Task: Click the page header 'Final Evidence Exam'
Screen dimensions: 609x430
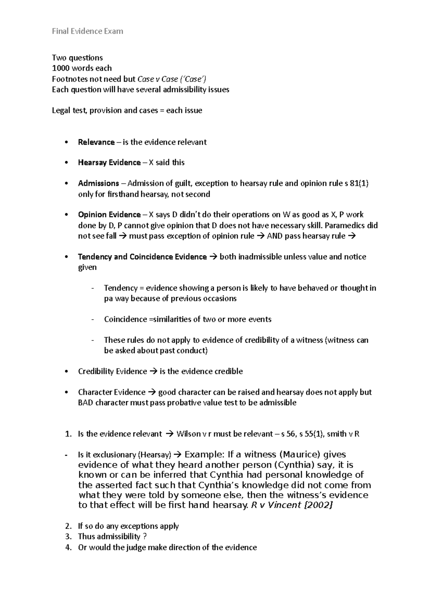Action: click(87, 31)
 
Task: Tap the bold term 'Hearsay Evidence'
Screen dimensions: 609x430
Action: click(109, 162)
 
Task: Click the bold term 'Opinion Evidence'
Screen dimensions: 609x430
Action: click(109, 214)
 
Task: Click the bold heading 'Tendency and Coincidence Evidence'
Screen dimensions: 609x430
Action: click(142, 257)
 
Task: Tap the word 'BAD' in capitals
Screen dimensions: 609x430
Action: click(85, 402)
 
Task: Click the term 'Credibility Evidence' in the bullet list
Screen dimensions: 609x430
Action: click(112, 371)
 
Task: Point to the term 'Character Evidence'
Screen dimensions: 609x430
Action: click(111, 392)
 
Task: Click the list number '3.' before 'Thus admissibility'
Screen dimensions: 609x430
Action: click(68, 537)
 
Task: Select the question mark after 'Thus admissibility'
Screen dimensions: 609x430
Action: click(145, 537)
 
